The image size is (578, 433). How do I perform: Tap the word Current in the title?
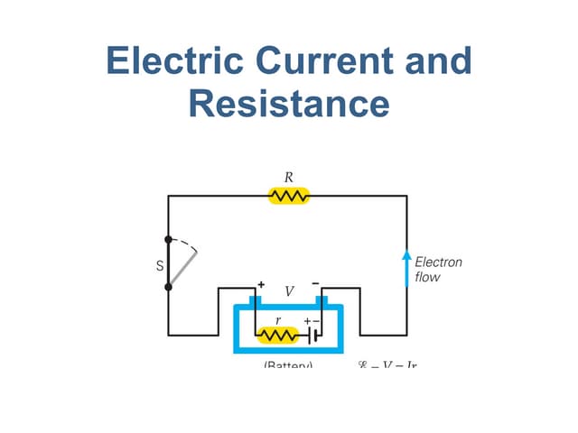pos(323,61)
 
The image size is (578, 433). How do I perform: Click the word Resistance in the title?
pos(289,103)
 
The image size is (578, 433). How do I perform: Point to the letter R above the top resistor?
pos(289,177)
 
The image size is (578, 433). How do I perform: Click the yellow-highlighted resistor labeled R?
pos(289,196)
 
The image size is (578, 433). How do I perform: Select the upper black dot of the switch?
pos(168,240)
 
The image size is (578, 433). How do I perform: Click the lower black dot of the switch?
pos(168,287)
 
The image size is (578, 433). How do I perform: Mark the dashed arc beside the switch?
pos(186,244)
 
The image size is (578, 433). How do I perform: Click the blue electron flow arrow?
pos(406,268)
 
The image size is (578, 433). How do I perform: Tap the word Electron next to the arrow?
pos(438,263)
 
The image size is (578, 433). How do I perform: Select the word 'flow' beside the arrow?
pos(427,278)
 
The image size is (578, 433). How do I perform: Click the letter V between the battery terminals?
pos(289,292)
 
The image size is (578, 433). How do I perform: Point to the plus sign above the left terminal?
pos(261,284)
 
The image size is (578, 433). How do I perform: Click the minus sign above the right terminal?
pos(315,284)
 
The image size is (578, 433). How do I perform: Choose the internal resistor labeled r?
pos(277,336)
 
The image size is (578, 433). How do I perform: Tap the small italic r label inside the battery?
pos(277,319)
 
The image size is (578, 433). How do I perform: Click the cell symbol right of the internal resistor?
pos(312,336)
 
